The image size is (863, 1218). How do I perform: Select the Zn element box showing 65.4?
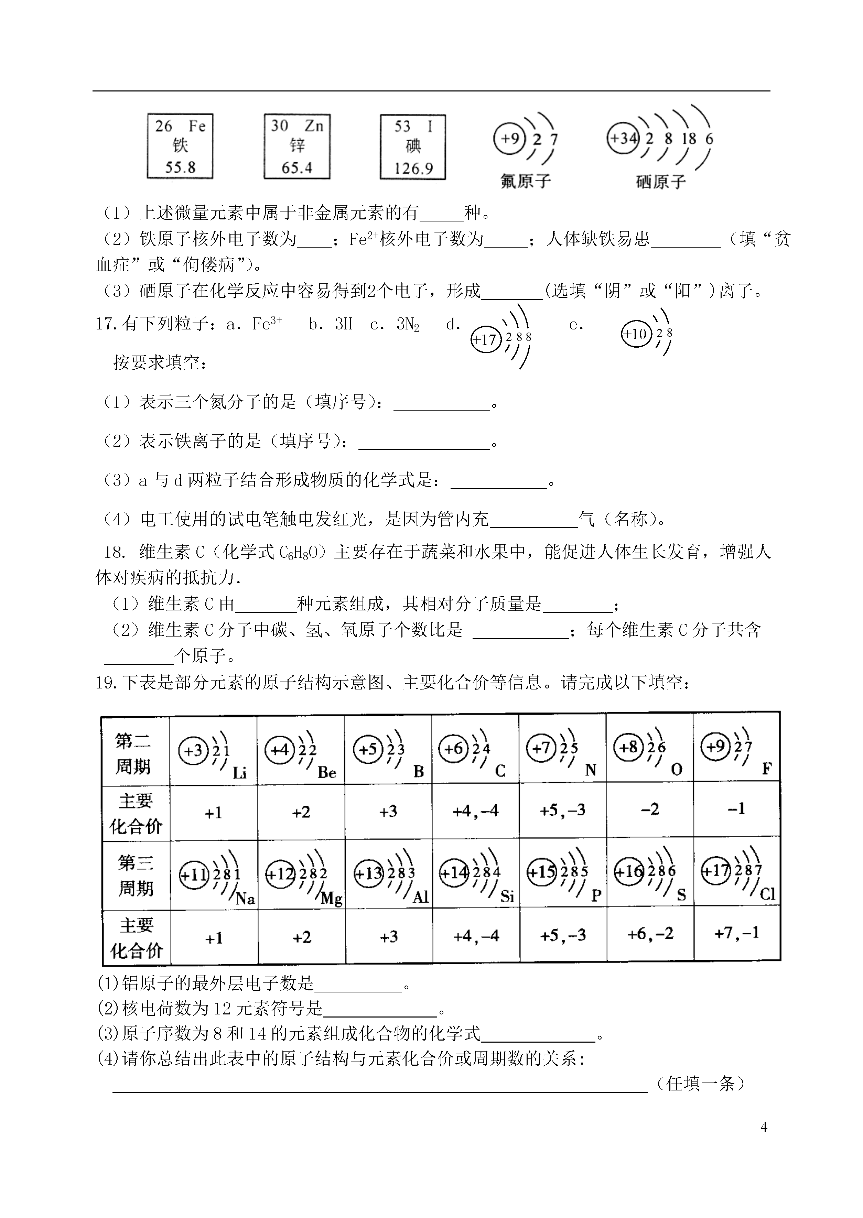pyautogui.click(x=297, y=146)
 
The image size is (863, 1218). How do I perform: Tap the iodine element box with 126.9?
pyautogui.click(x=413, y=146)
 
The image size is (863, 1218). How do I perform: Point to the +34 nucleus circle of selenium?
pyautogui.click(x=623, y=139)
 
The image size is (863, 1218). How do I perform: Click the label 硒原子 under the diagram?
pyautogui.click(x=660, y=182)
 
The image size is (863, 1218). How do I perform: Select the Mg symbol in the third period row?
pyautogui.click(x=332, y=899)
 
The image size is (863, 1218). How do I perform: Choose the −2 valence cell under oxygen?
pyautogui.click(x=650, y=809)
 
